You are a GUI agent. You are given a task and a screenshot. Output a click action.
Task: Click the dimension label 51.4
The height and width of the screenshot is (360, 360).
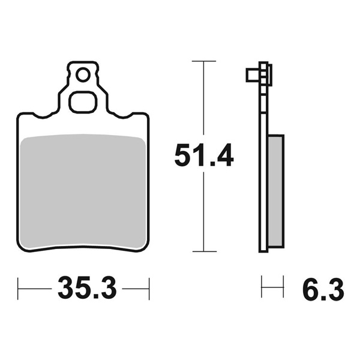pyautogui.click(x=203, y=156)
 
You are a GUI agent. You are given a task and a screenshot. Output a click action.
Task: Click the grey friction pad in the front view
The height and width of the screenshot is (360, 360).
pyautogui.click(x=83, y=192)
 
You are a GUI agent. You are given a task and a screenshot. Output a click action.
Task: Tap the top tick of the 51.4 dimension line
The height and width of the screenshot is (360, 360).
pyautogui.click(x=204, y=61)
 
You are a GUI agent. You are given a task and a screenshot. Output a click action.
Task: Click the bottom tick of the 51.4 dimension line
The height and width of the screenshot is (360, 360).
pyautogui.click(x=204, y=251)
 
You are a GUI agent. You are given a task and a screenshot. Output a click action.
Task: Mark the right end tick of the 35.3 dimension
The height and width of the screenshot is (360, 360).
pyautogui.click(x=148, y=289)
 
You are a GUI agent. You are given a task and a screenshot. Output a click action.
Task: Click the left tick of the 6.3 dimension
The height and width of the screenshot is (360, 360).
pyautogui.click(x=262, y=288)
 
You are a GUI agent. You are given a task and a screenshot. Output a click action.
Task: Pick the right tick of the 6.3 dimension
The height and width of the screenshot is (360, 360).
pyautogui.click(x=283, y=288)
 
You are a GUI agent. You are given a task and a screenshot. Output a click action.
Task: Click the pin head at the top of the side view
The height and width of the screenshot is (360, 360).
pyautogui.click(x=252, y=76)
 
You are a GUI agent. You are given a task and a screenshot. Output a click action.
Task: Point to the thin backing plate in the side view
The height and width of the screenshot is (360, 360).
pyautogui.click(x=263, y=180)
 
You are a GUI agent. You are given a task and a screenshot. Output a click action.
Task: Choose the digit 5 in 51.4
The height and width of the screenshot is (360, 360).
pyautogui.click(x=183, y=156)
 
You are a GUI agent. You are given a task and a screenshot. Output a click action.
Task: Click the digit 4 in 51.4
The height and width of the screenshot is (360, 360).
pyautogui.click(x=224, y=156)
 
